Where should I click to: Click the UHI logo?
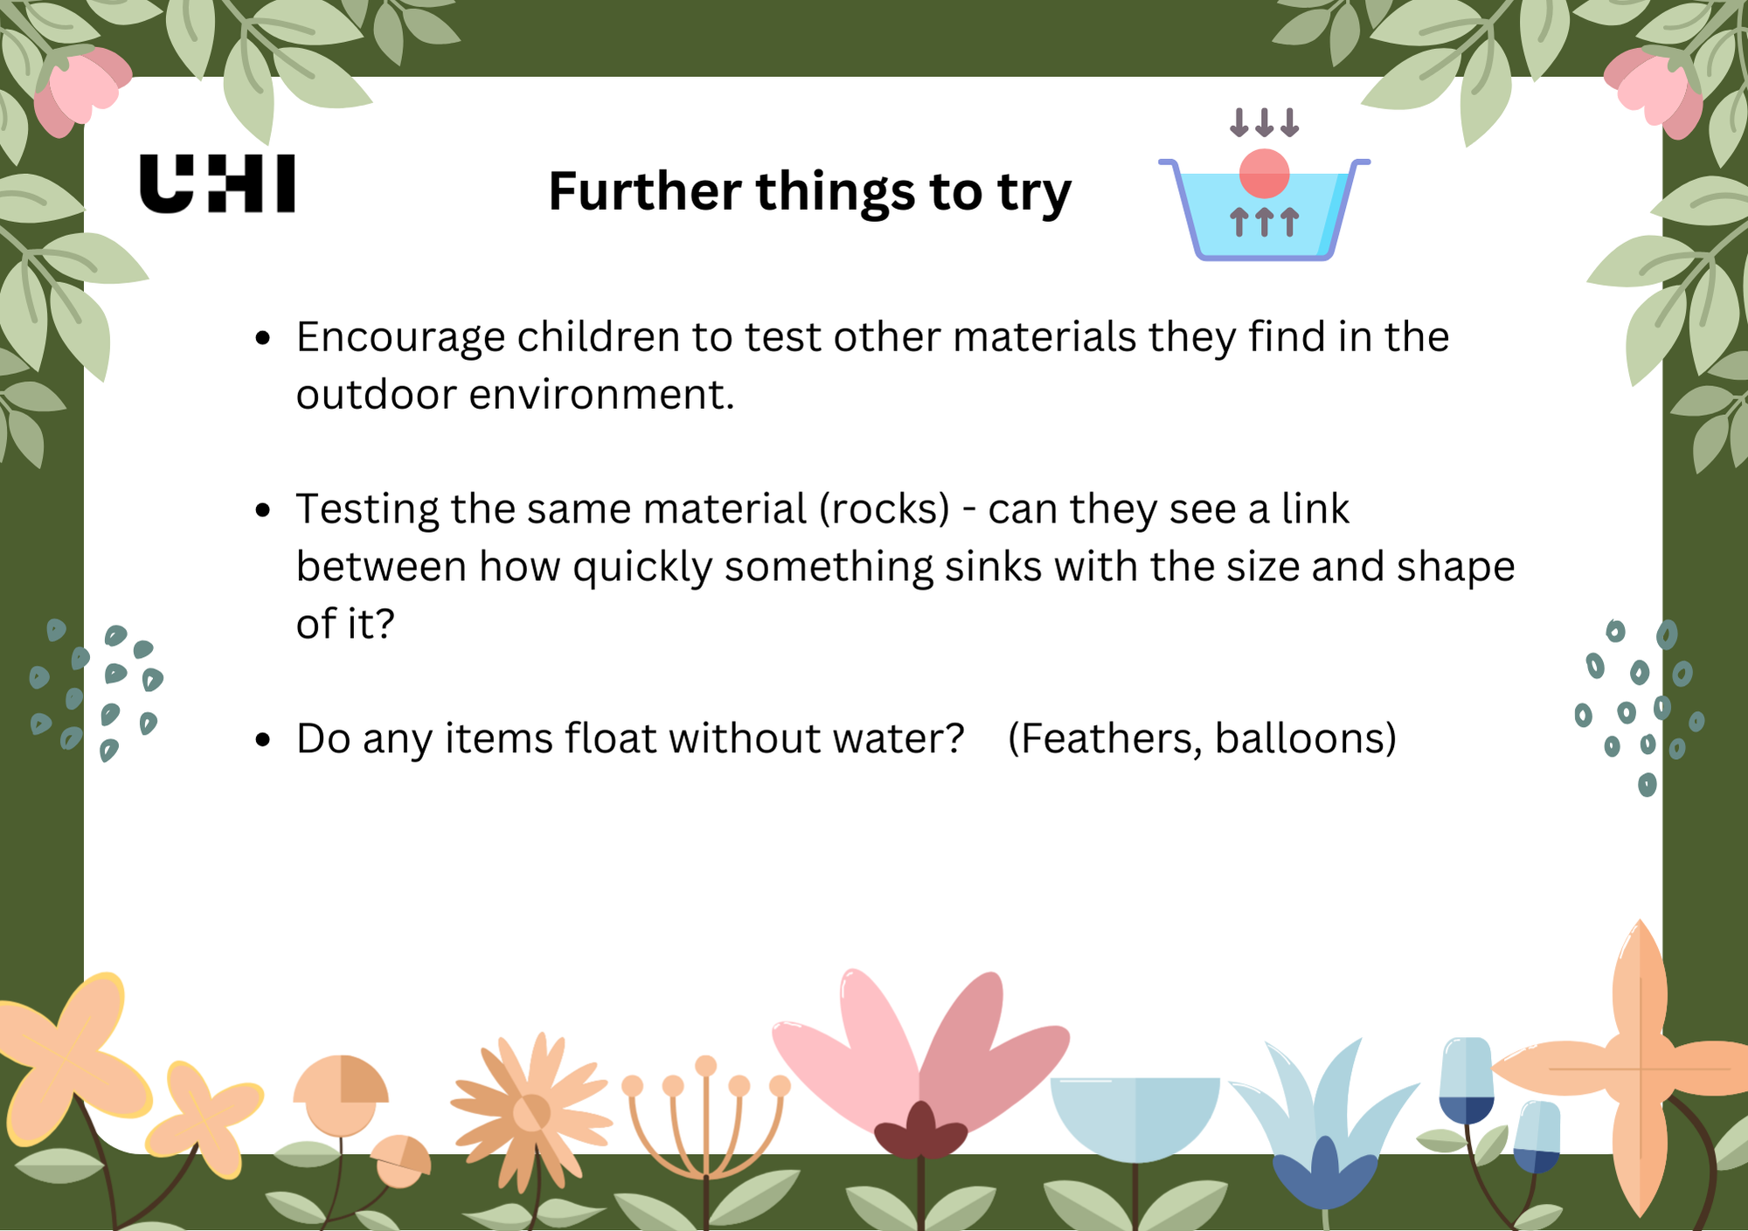[x=217, y=183]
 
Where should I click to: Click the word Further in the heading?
[x=644, y=191]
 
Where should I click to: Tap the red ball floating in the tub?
[x=1264, y=174]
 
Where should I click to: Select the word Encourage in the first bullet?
[x=400, y=337]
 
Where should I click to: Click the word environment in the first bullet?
[x=601, y=394]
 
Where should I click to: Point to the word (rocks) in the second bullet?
[x=884, y=509]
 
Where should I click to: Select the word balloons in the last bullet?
[x=1306, y=738]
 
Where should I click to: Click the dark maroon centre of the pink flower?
[x=920, y=1132]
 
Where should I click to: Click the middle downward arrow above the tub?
[x=1264, y=122]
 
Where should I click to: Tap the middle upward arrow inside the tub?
[x=1264, y=222]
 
